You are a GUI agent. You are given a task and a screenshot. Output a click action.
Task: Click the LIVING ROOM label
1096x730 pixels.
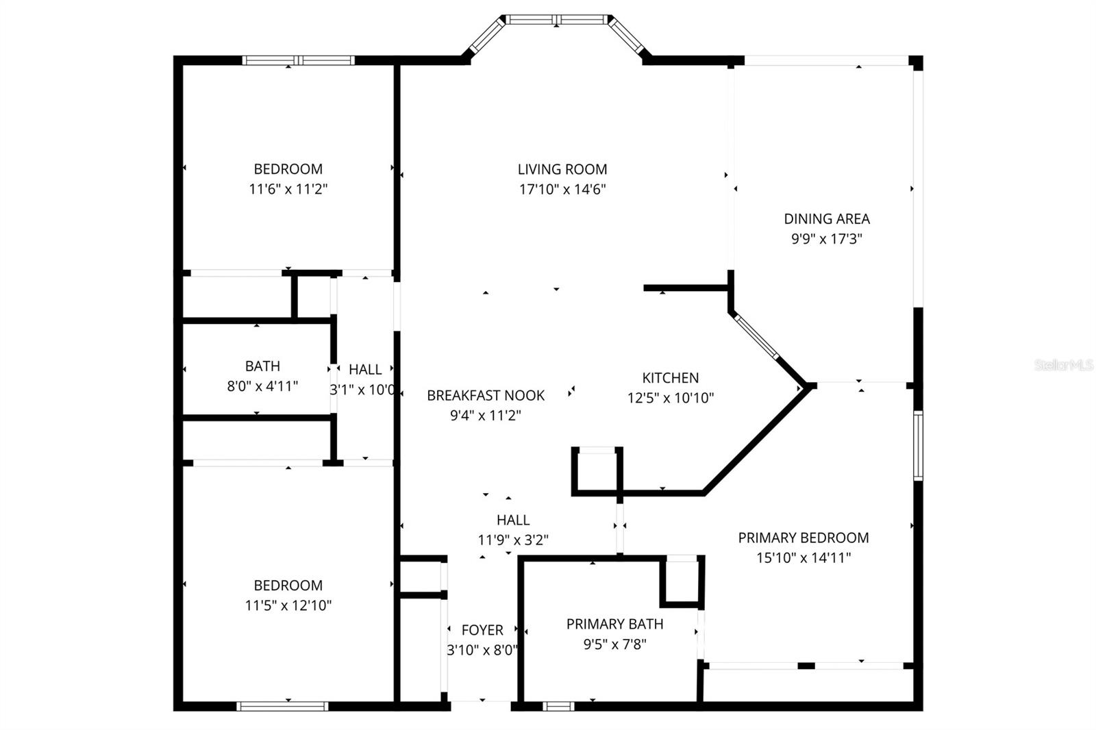[562, 169]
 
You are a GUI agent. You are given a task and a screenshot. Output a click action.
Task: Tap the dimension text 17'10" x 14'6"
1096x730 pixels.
[562, 189]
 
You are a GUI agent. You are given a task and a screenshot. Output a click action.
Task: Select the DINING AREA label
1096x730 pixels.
[827, 219]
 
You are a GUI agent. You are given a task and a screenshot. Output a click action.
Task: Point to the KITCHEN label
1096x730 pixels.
[670, 378]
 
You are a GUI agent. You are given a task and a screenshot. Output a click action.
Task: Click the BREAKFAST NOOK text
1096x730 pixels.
[486, 395]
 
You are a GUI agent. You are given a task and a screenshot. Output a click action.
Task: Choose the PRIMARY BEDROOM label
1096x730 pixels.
[803, 538]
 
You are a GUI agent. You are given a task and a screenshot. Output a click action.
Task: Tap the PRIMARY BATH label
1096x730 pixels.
[614, 624]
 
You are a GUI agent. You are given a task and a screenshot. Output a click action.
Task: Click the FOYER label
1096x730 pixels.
[482, 630]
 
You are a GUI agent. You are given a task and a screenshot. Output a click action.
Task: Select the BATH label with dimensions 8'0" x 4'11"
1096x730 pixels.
[262, 366]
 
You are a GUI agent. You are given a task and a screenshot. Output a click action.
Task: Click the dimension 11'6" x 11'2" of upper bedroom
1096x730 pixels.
[288, 189]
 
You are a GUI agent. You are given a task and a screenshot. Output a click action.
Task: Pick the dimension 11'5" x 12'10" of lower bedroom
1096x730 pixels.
[288, 605]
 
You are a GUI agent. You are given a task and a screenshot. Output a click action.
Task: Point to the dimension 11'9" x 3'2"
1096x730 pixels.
[513, 540]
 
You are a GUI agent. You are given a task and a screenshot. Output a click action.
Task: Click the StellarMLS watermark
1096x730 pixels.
[1064, 365]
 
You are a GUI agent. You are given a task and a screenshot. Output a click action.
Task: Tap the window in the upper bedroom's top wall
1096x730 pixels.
[299, 60]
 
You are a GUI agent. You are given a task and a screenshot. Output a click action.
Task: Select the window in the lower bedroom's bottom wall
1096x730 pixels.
[282, 705]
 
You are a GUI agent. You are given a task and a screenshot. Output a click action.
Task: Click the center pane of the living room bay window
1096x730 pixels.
[556, 20]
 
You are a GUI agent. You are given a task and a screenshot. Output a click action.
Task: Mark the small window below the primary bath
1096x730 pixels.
[558, 705]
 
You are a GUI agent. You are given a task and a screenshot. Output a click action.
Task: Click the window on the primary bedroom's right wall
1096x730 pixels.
[918, 445]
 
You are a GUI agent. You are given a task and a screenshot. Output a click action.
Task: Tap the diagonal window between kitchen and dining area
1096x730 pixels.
[756, 336]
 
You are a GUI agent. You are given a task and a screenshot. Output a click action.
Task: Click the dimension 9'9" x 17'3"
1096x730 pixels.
[827, 239]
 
